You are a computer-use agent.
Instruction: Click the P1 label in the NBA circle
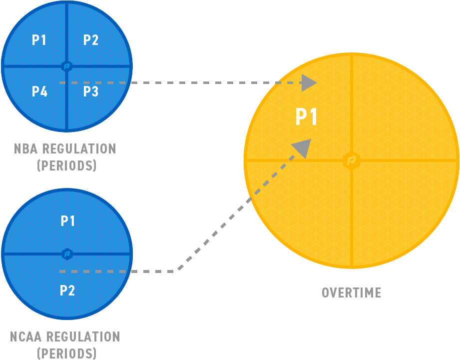tap(39, 40)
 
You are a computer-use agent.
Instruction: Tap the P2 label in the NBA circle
tap(91, 40)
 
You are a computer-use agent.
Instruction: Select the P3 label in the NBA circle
tap(91, 91)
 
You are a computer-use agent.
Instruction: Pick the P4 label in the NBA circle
tap(39, 91)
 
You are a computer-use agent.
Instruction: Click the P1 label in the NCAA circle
tap(67, 220)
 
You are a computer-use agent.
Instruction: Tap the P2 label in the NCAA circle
tap(67, 290)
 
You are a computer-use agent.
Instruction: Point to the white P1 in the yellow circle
tap(307, 117)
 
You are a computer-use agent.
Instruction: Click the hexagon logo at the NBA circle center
tap(67, 66)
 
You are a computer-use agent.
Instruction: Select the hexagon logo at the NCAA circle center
tap(67, 254)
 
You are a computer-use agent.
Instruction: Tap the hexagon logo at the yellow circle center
tap(352, 160)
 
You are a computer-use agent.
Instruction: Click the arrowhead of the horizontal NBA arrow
tap(309, 82)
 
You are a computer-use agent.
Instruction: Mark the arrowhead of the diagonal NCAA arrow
tap(302, 148)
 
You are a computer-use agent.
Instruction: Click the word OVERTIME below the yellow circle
tap(352, 292)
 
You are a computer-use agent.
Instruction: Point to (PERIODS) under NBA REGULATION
tap(67, 165)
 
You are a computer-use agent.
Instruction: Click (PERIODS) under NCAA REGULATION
tap(67, 353)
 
